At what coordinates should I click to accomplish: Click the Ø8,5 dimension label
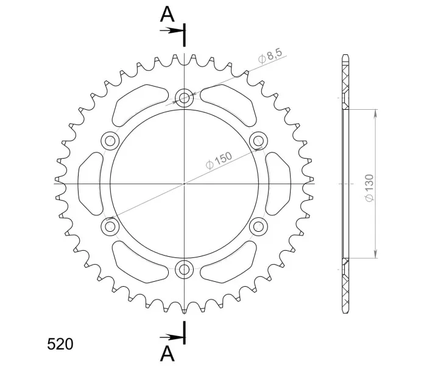pos(270,56)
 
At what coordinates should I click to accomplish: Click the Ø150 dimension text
pos(219,160)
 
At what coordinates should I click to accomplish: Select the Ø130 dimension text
pos(369,188)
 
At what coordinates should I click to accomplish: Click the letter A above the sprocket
pos(167,15)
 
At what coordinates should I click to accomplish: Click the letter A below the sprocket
pos(167,354)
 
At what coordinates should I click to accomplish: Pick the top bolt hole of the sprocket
pos(184,98)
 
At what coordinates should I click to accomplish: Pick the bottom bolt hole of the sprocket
pos(184,270)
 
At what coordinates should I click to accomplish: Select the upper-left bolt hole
pos(110,141)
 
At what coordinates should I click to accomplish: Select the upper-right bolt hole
pos(258,141)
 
